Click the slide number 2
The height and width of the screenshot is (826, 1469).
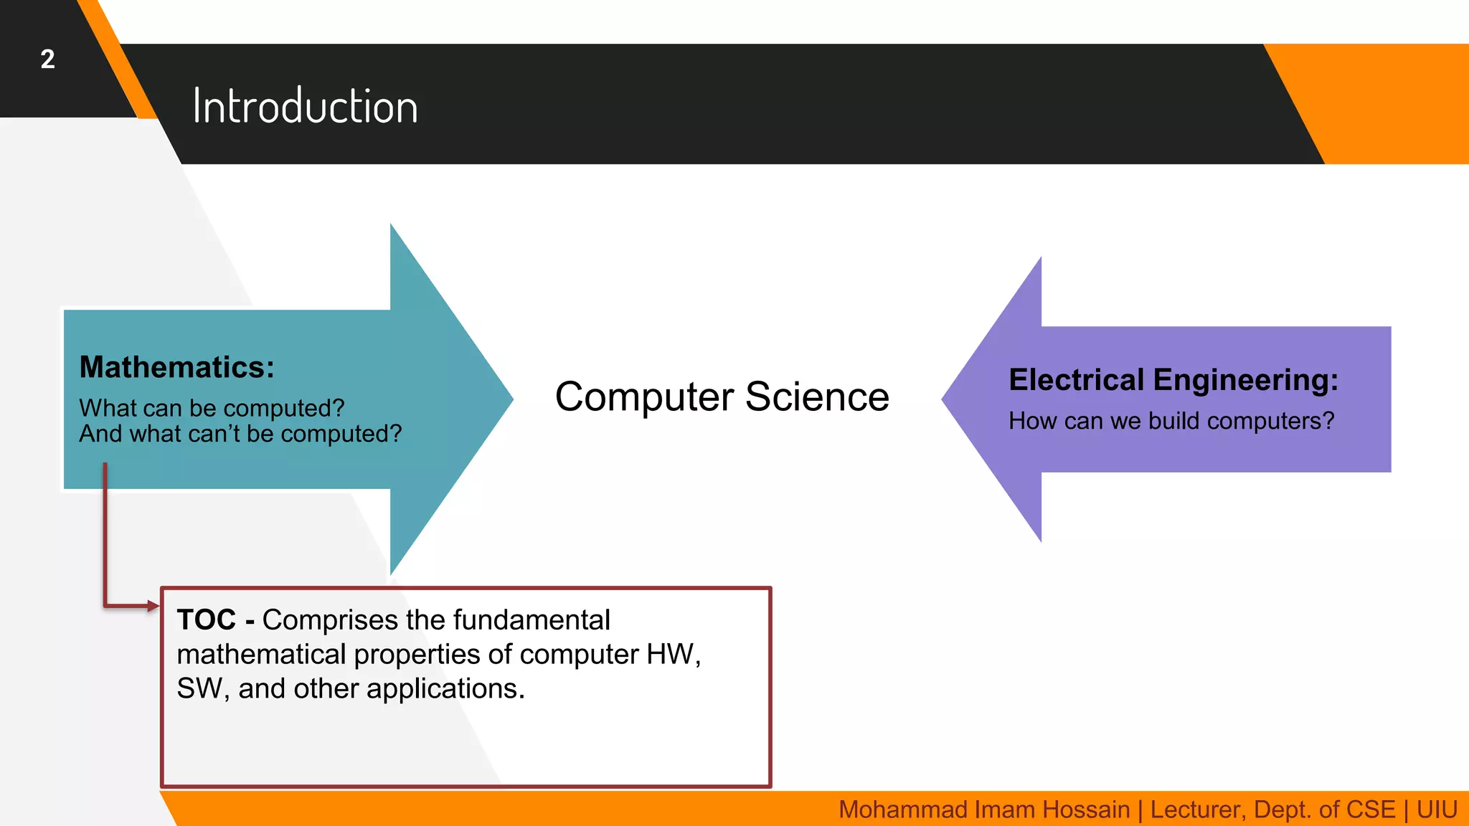[47, 59]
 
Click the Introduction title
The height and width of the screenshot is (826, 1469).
[305, 107]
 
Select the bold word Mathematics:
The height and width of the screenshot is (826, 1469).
[176, 367]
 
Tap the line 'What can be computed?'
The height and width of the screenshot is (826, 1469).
[212, 408]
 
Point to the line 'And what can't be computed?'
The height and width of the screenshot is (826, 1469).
[240, 434]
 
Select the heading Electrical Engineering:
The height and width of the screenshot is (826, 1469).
[1173, 380]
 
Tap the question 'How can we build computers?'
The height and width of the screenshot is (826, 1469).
[1171, 421]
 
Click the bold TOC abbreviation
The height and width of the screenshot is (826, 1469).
[206, 619]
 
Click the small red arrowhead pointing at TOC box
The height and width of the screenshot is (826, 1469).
[153, 607]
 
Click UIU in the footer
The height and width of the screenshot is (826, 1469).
[1437, 810]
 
